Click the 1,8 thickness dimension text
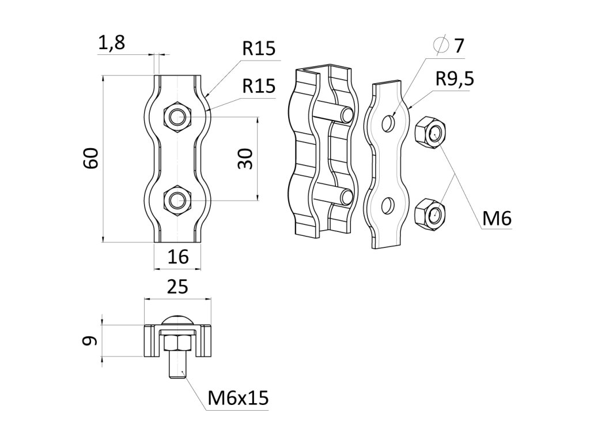click(112, 43)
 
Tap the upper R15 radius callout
click(259, 49)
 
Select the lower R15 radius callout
click(259, 86)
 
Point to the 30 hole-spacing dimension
click(245, 158)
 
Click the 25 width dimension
click(177, 287)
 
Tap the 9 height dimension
click(89, 341)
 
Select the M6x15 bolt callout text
click(238, 397)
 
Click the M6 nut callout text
click(497, 219)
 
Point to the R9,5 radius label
click(455, 79)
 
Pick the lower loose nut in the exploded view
click(429, 214)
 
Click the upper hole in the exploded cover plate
click(389, 123)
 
